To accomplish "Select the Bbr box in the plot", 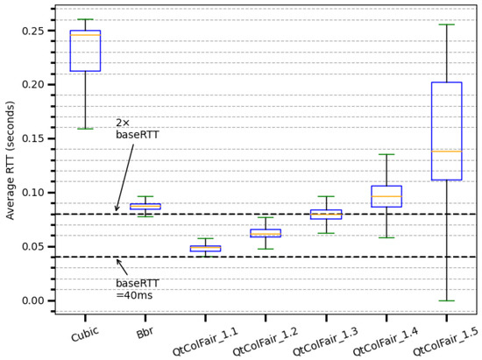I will [145, 207].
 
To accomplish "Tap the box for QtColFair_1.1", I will [206, 249].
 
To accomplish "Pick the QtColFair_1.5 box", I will [447, 131].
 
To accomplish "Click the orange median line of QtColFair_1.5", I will [447, 152].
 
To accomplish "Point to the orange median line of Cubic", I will [85, 36].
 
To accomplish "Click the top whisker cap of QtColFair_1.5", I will [447, 25].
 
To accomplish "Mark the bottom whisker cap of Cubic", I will [85, 129].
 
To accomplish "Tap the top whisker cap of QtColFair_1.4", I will [386, 155].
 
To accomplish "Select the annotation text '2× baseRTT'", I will [137, 129].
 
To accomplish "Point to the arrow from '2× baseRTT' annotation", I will [124, 176].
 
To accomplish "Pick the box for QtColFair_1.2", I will [266, 233].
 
